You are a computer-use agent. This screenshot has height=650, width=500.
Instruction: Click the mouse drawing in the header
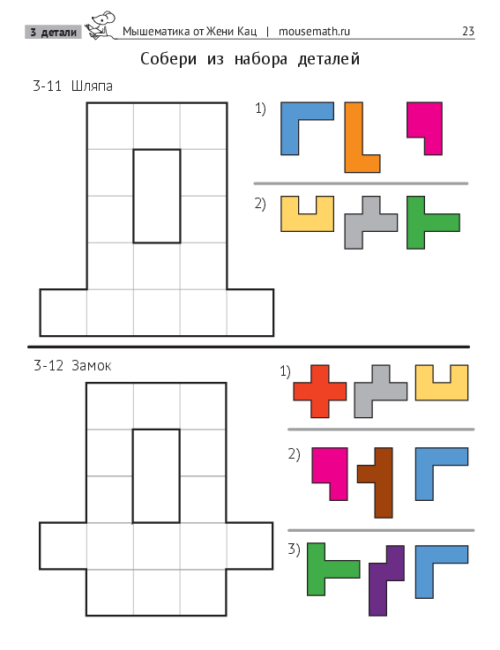101,26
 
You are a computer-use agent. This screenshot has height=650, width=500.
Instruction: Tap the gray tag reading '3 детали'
54,32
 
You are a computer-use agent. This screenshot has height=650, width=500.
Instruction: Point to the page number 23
468,31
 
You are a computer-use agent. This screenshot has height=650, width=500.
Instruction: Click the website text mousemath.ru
314,31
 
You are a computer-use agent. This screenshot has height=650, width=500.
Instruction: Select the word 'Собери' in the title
168,59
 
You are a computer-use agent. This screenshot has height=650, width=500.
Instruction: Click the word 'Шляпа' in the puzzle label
92,86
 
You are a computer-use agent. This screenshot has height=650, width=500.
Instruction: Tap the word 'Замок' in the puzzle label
91,366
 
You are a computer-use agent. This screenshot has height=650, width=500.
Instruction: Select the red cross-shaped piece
319,392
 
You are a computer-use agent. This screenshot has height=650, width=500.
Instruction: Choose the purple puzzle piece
386,580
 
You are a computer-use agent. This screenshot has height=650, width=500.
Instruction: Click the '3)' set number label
294,549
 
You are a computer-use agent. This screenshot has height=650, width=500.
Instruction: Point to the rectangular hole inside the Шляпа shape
157,196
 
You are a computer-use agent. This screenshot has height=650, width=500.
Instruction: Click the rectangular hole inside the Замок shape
156,476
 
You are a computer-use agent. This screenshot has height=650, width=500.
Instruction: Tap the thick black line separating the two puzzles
249,347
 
